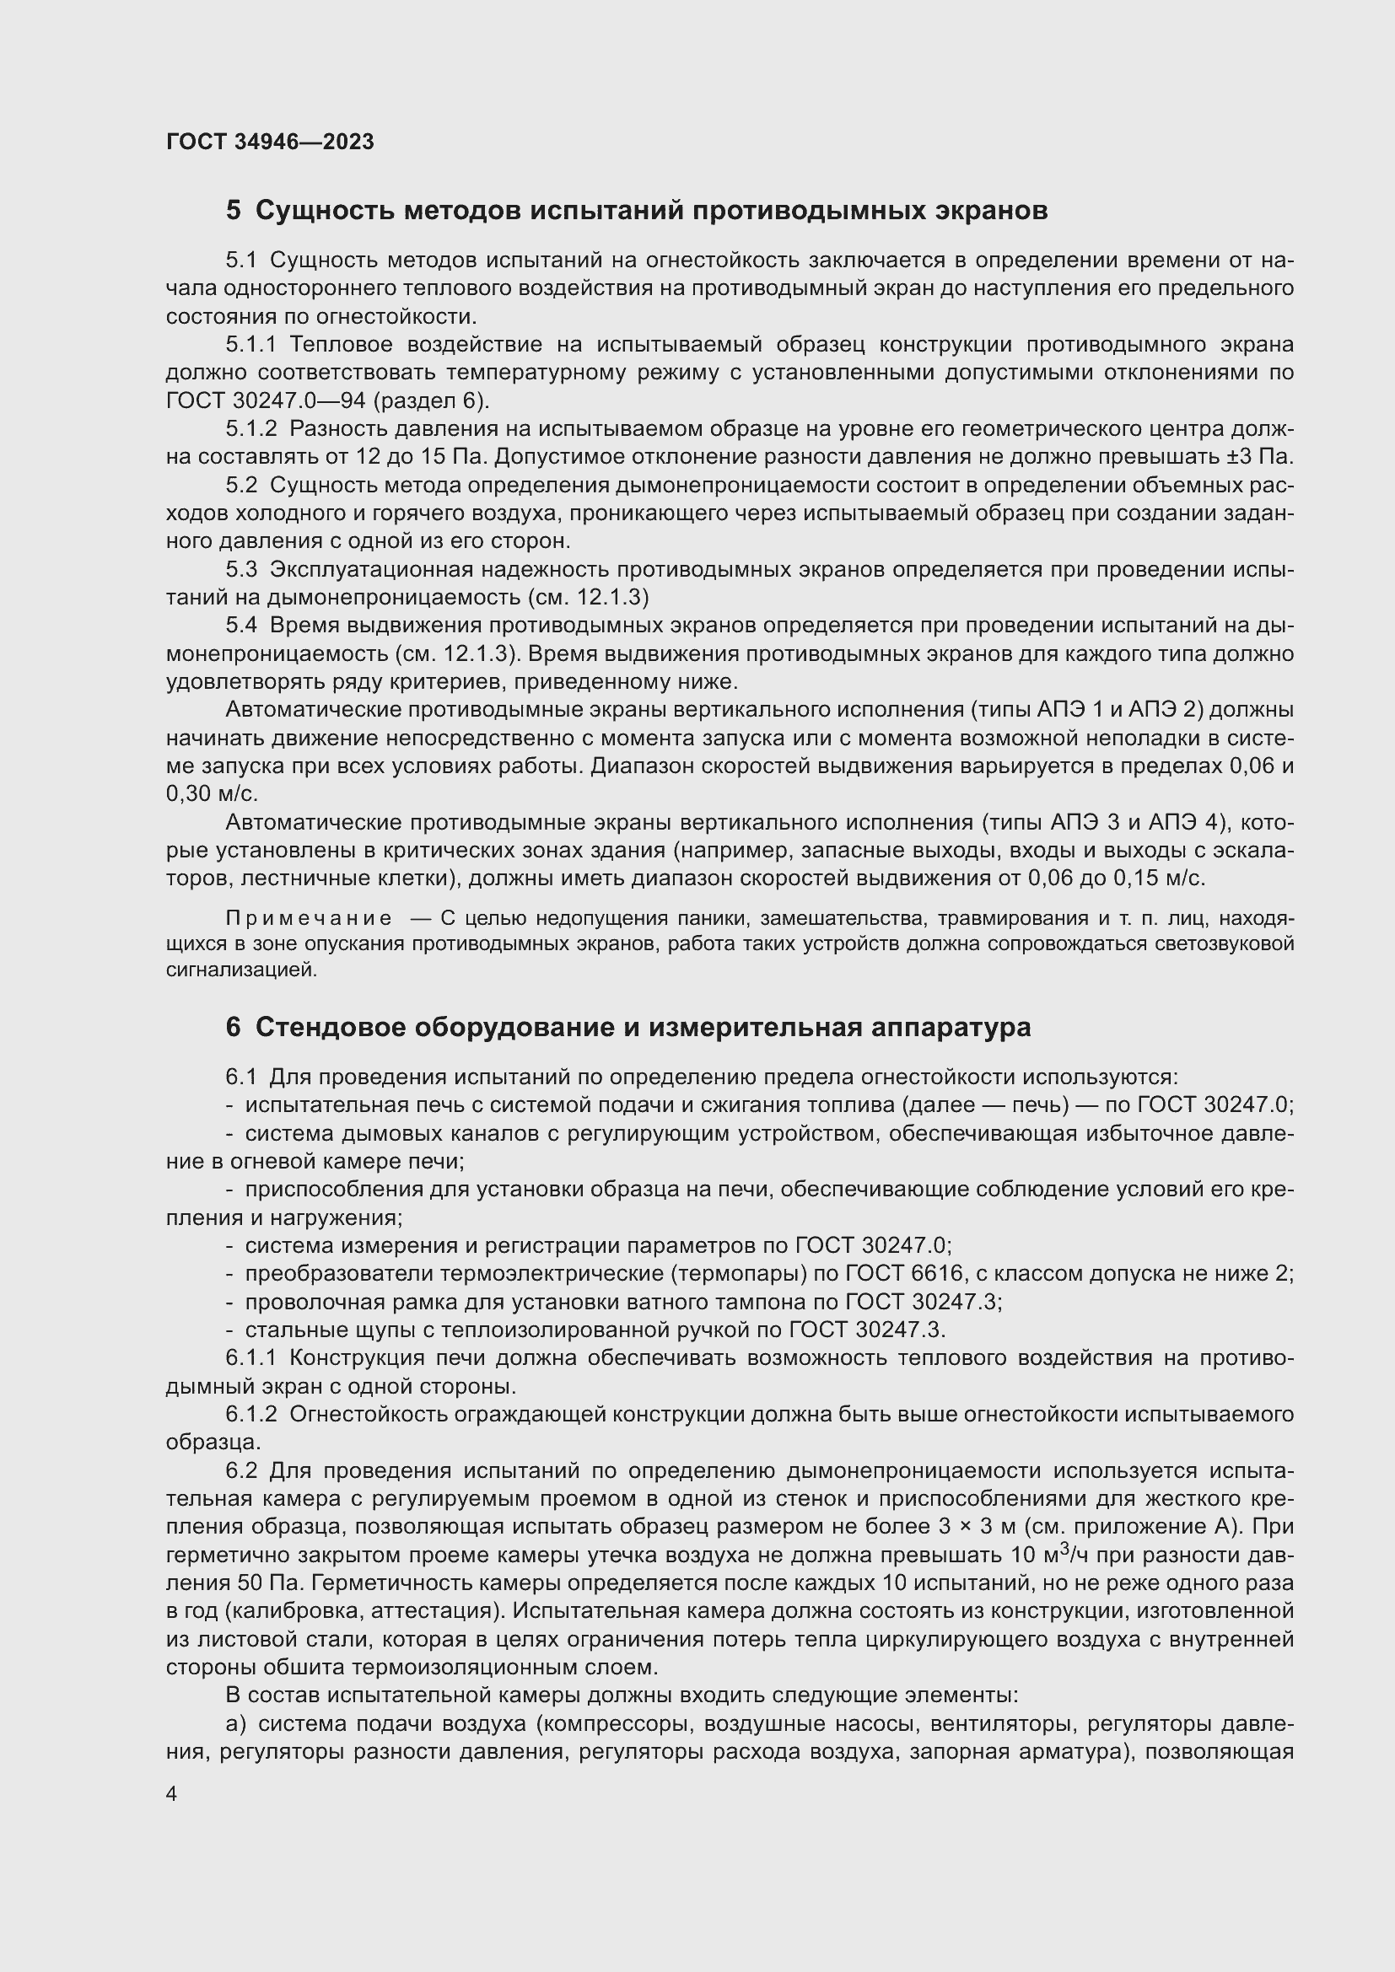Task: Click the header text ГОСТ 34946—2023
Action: [x=270, y=142]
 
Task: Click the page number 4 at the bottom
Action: [x=172, y=1794]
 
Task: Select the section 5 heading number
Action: [x=234, y=211]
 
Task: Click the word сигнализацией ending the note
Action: [x=241, y=970]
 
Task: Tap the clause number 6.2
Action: [x=241, y=1471]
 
